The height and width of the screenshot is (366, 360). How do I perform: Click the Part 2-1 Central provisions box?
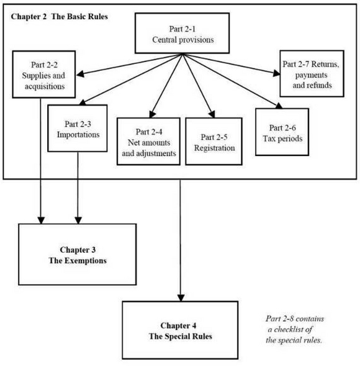click(x=182, y=33)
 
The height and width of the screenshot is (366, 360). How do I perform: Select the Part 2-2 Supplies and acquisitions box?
click(x=44, y=74)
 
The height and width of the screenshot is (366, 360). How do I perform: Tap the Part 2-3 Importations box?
click(x=78, y=129)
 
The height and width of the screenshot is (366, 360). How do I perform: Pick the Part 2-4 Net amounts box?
click(x=148, y=142)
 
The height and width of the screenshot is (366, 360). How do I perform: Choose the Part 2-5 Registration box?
click(x=214, y=142)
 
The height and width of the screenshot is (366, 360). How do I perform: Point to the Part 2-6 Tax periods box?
click(x=282, y=132)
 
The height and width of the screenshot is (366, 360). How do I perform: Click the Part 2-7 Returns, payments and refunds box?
click(x=312, y=73)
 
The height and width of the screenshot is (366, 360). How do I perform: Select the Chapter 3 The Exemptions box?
click(x=78, y=254)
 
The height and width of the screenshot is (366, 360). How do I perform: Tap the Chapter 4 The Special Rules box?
click(x=180, y=330)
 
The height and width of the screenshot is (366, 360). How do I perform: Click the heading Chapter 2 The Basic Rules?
click(x=59, y=17)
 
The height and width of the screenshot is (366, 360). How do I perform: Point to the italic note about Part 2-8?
click(x=294, y=329)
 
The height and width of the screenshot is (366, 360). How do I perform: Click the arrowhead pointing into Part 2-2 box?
click(x=80, y=74)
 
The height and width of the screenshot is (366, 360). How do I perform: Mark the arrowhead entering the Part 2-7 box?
click(x=277, y=73)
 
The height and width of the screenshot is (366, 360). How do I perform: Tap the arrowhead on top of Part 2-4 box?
click(x=152, y=114)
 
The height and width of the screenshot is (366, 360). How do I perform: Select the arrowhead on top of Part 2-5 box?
click(x=212, y=114)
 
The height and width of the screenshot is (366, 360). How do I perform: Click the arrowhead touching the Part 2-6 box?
click(x=279, y=106)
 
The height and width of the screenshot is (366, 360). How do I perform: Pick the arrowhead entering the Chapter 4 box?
click(x=181, y=298)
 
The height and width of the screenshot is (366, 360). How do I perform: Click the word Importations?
click(x=78, y=135)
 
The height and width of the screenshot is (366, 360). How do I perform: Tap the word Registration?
click(x=215, y=148)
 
